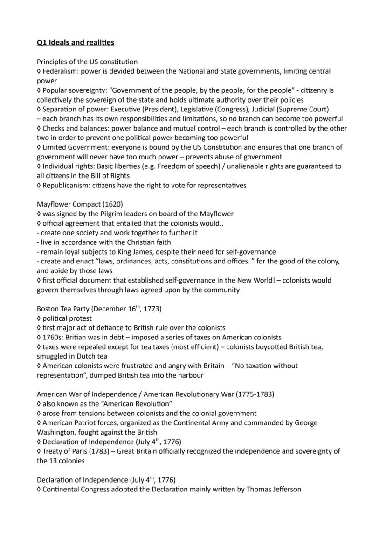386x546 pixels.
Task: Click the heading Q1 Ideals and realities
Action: (76, 42)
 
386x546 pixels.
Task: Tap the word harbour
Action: (190, 375)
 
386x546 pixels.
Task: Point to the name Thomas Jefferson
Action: (274, 489)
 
